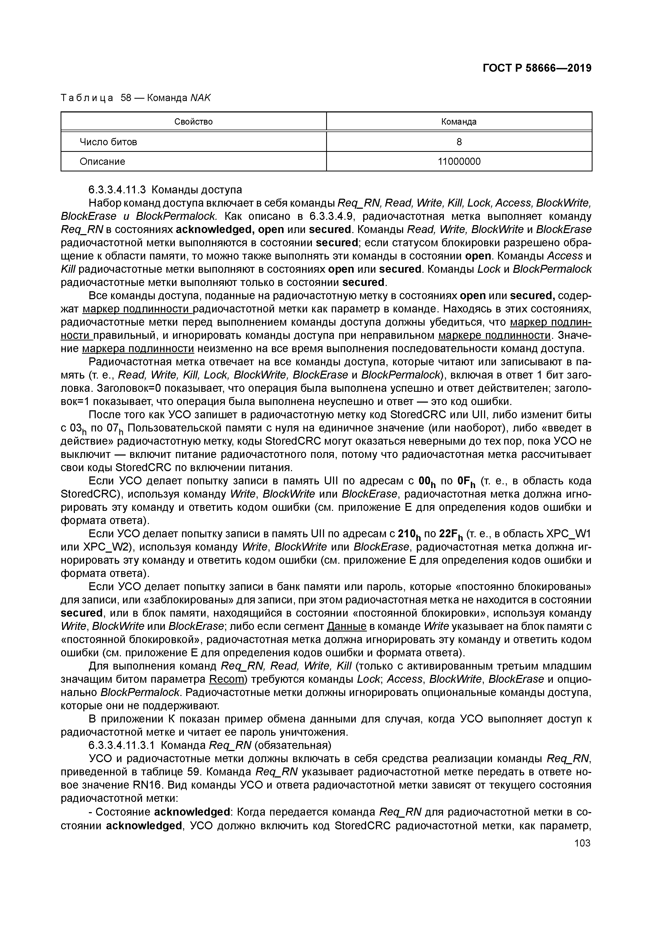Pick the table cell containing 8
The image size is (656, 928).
pyautogui.click(x=459, y=142)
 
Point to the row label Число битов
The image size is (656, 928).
pyautogui.click(x=108, y=142)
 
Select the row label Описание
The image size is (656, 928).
pyautogui.click(x=102, y=162)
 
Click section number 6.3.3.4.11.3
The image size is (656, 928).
pyautogui.click(x=114, y=190)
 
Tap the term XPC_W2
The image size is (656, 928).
pyautogui.click(x=99, y=547)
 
